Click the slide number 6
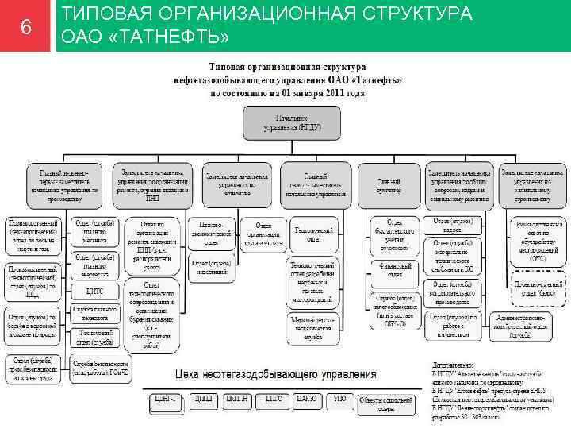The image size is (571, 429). coord(26,27)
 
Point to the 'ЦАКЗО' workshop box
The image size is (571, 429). coord(305,399)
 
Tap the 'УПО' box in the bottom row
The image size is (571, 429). coord(339,399)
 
